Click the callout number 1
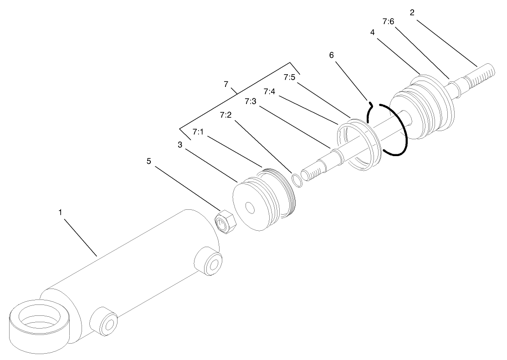(60, 213)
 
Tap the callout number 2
(412, 13)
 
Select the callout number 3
(180, 145)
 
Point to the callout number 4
(373, 32)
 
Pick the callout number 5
(149, 161)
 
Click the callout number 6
(332, 55)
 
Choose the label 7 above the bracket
(226, 84)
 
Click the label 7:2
(225, 115)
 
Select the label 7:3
(250, 101)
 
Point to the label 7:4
(269, 92)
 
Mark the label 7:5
(290, 77)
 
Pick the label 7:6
(388, 21)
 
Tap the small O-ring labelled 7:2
(297, 181)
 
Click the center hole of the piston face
(250, 208)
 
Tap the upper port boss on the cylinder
(209, 261)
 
